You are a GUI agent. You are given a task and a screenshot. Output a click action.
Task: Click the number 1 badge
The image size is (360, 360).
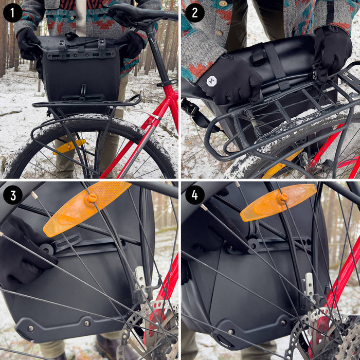coord(12,12)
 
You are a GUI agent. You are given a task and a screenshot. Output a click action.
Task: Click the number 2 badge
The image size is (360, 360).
coord(194,12)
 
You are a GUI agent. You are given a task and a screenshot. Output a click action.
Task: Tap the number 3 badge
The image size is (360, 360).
coord(12,195)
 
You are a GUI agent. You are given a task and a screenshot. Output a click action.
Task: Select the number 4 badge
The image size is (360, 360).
coord(194,195)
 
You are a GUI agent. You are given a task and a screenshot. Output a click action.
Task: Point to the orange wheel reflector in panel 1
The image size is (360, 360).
coord(69,146)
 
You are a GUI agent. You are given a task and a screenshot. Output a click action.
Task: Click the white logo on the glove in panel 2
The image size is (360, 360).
coord(211,81)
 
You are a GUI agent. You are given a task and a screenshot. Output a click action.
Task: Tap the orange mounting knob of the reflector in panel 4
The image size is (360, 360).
coord(283,197)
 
